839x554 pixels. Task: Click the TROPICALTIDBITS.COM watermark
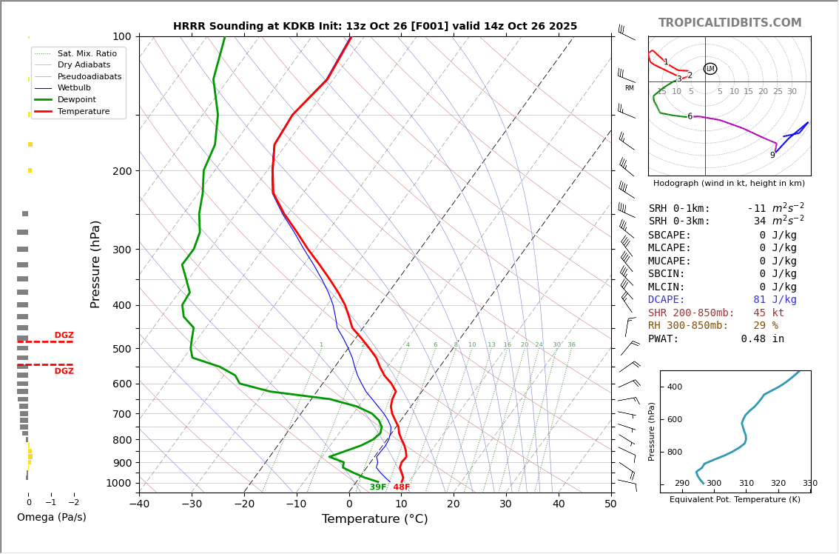point(730,23)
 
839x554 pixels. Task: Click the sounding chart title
point(375,27)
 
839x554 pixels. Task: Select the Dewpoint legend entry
point(76,99)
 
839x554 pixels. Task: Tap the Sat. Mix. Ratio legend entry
point(87,53)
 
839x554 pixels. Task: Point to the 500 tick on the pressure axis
point(122,349)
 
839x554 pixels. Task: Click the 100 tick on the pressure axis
point(122,36)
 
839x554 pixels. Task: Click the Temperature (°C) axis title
point(374,519)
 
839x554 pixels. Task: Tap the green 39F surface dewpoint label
point(377,487)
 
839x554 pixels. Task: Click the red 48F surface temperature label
point(401,487)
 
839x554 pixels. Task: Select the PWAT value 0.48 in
point(762,339)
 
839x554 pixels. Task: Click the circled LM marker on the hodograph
point(710,69)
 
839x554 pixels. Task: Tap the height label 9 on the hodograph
point(772,156)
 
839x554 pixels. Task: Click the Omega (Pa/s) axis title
point(51,518)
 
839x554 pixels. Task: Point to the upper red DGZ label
point(64,336)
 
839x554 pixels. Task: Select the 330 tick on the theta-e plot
point(809,484)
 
